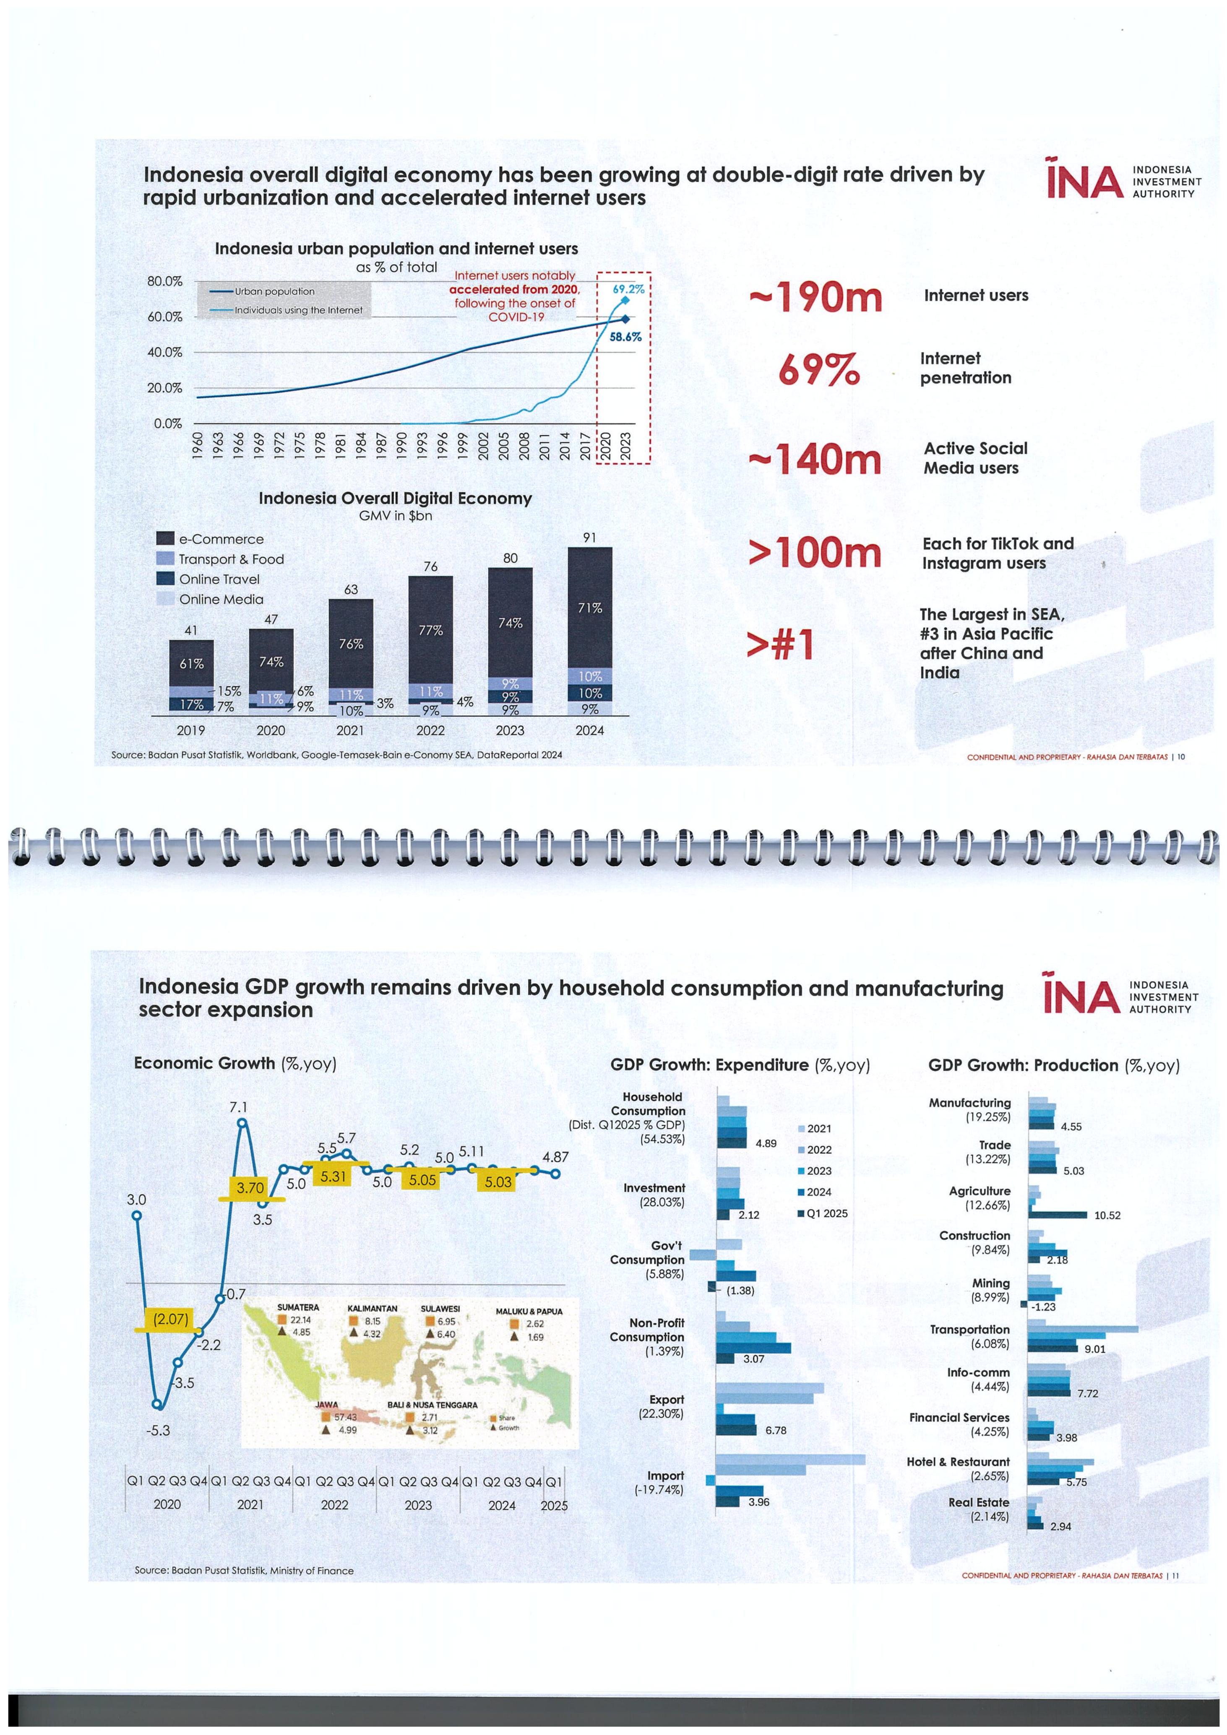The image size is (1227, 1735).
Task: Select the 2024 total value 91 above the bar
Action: pyautogui.click(x=590, y=537)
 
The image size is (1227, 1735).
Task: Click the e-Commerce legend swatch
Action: pyautogui.click(x=165, y=539)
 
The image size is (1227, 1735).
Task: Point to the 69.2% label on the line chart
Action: pyautogui.click(x=628, y=288)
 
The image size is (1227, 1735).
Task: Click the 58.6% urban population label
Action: pyautogui.click(x=625, y=337)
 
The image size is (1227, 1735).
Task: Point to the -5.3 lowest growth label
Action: pyautogui.click(x=158, y=1431)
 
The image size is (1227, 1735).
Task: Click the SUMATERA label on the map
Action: pyautogui.click(x=298, y=1307)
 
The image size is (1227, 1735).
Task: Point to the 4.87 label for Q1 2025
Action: pyautogui.click(x=556, y=1157)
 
